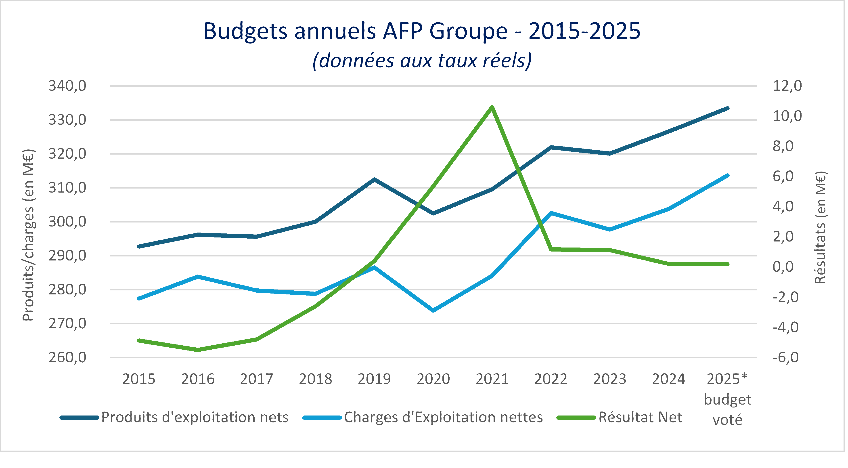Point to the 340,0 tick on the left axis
coord(67,86)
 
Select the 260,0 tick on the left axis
coord(67,358)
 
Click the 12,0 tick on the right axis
coord(787,86)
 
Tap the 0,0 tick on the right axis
coord(787,267)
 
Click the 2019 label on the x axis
coord(374,379)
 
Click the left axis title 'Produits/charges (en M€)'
coord(28,235)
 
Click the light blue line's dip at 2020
coord(433,310)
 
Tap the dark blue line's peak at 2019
coord(374,180)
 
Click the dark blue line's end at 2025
coord(728,108)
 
